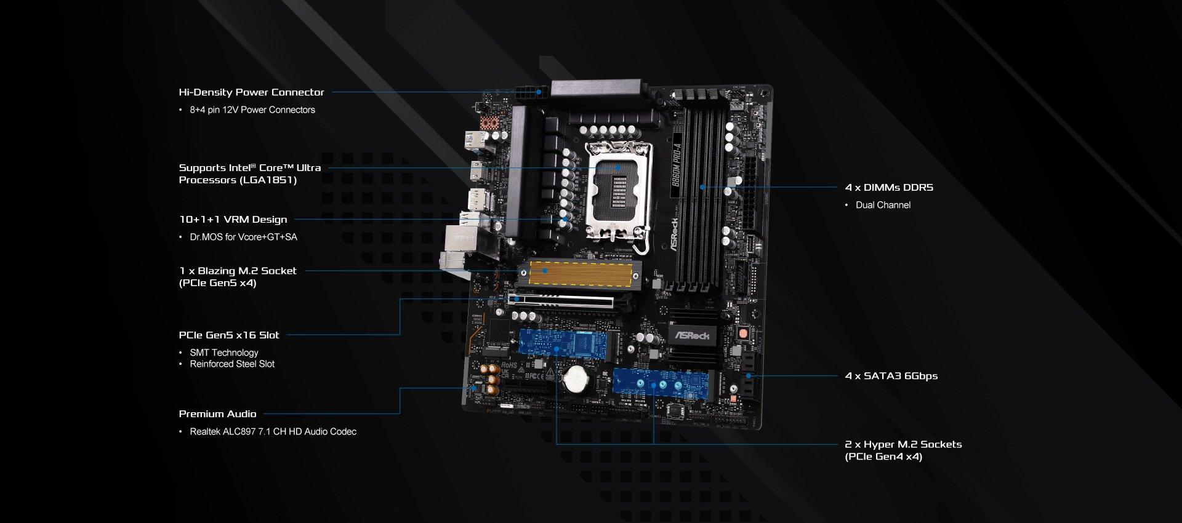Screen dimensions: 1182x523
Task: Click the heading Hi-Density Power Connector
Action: (251, 92)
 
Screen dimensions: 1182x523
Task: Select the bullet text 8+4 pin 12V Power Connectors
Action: (252, 110)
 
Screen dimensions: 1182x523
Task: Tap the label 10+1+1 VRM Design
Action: (233, 220)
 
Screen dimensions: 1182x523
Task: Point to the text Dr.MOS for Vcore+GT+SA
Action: (243, 237)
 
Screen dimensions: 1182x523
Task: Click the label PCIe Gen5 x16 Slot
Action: (229, 335)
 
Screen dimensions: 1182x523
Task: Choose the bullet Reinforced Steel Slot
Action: (232, 364)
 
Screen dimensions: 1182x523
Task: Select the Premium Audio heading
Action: (217, 414)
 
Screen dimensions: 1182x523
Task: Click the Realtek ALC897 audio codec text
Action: (273, 432)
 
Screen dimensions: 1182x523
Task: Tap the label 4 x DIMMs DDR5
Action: (889, 188)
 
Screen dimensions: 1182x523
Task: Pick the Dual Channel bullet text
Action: (883, 206)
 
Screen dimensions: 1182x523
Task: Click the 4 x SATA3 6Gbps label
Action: (891, 376)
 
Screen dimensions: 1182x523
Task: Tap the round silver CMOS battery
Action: (577, 379)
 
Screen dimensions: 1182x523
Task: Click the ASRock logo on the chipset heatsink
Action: (693, 335)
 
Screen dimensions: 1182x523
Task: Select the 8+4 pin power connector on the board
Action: (531, 94)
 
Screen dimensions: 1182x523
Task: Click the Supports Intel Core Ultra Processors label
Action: (250, 174)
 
